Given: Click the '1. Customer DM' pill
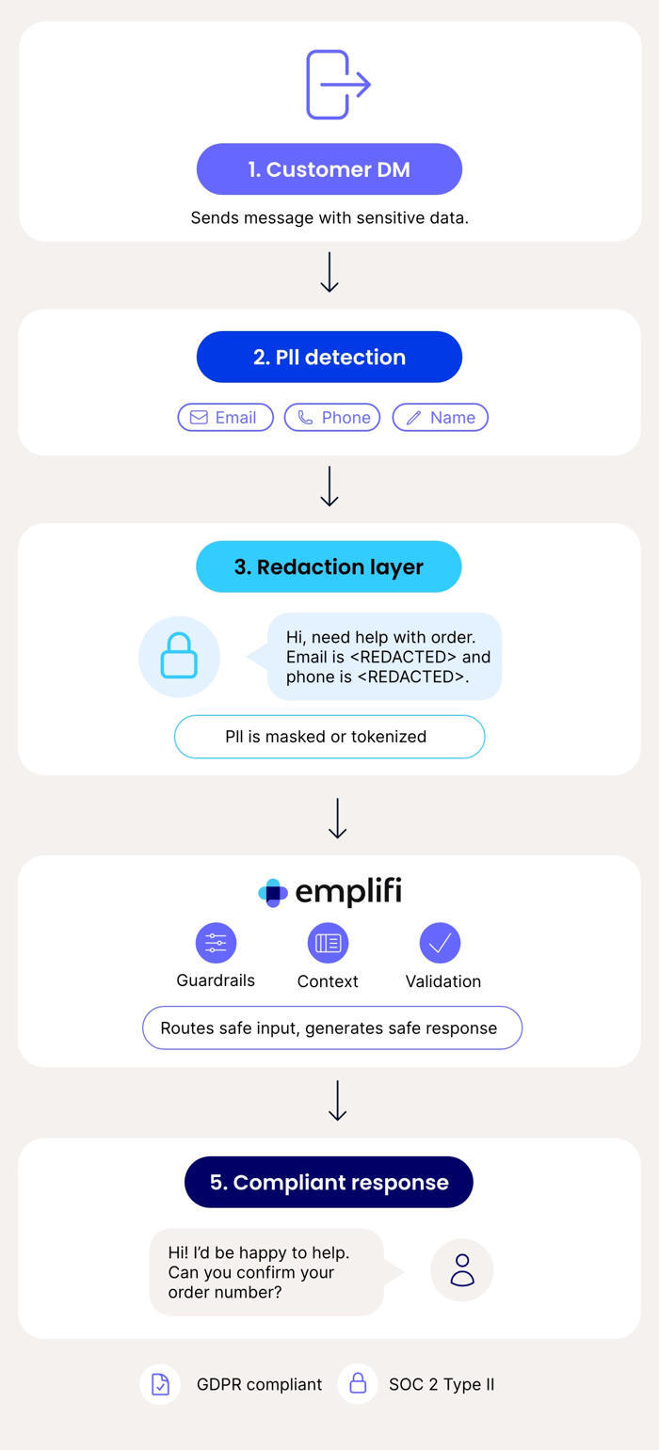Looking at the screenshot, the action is tap(329, 169).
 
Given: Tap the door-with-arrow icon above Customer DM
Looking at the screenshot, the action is tap(338, 85).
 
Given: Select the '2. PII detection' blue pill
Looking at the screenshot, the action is tap(329, 357).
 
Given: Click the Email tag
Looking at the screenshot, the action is tap(225, 418).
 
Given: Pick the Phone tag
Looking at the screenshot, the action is tap(332, 418).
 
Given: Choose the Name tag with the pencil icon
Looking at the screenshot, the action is tap(441, 418).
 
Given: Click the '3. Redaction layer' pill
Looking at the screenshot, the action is tap(329, 566).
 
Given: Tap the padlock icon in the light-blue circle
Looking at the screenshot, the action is tap(179, 657).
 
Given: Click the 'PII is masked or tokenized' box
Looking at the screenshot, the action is tap(329, 737).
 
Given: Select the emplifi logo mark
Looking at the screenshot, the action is tap(272, 893).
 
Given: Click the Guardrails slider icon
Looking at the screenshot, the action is tap(216, 943).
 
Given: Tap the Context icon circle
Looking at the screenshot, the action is tap(328, 943).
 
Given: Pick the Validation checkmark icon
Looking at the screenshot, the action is tap(441, 943).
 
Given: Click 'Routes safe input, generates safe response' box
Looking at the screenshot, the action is tap(332, 1028).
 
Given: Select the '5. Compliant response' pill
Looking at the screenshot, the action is tap(329, 1182).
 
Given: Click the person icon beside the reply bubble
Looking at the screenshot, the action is tap(462, 1270).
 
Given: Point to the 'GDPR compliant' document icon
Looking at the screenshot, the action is tap(160, 1385).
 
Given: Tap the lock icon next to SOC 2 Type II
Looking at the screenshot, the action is tap(358, 1384).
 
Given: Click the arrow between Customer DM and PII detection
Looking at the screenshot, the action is tap(329, 273).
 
